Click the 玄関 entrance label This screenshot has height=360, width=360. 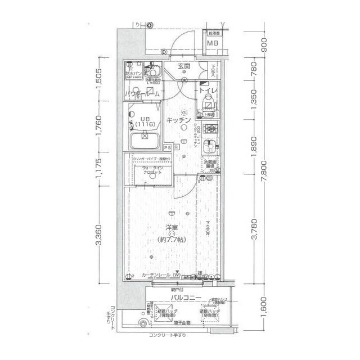coord(184,66)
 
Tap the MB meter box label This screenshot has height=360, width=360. coord(213,43)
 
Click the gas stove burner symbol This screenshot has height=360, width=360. coord(209,130)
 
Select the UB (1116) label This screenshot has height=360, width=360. coord(145,121)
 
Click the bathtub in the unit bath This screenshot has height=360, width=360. coord(145,137)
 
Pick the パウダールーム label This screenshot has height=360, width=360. coord(144,94)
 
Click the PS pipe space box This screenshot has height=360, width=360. coord(167,147)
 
